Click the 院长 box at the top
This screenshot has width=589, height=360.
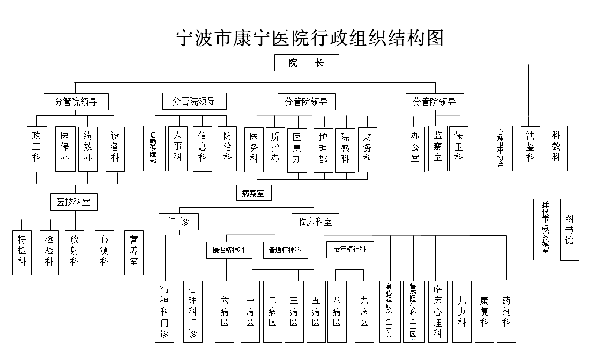tap(307, 63)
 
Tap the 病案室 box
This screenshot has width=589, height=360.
tap(254, 192)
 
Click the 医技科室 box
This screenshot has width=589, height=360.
tap(74, 202)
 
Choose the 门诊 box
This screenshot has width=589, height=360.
tap(179, 221)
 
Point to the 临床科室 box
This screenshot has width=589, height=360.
tap(315, 221)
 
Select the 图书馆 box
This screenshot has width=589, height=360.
tap(569, 229)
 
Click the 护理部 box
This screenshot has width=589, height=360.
tap(323, 150)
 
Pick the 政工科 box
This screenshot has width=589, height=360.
tap(36, 148)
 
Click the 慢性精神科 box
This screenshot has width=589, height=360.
tap(229, 250)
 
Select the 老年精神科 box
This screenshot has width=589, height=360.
tap(350, 250)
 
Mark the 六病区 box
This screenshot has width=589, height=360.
tap(225, 311)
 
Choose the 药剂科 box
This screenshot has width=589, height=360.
tap(506, 311)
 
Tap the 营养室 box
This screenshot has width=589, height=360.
tap(134, 252)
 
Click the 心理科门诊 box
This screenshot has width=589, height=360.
tap(193, 311)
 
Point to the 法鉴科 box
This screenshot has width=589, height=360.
tap(530, 148)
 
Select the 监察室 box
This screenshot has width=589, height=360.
tap(437, 148)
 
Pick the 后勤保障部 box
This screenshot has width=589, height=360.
tap(153, 148)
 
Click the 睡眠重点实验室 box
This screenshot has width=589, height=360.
tap(545, 229)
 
